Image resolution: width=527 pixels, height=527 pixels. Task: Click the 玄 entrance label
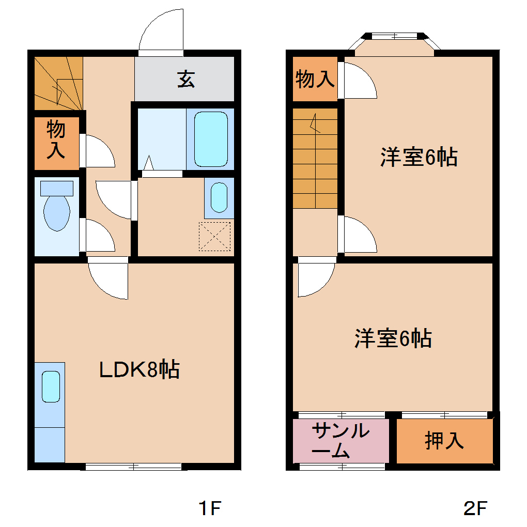[x=186, y=79]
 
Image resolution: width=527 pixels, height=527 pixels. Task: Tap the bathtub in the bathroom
[x=211, y=139]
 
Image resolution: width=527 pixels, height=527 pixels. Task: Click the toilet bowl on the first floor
[x=57, y=212]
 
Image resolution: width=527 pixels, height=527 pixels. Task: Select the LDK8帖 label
[x=139, y=369]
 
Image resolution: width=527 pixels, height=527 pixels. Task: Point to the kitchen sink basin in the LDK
[x=51, y=386]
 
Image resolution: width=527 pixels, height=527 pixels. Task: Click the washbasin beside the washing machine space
[x=219, y=197]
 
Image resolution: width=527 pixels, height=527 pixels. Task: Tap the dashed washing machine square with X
[x=215, y=236]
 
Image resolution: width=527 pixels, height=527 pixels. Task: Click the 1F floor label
[x=210, y=508]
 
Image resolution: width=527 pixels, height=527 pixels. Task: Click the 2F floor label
[x=475, y=508]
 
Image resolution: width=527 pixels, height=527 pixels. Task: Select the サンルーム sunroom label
[x=340, y=441]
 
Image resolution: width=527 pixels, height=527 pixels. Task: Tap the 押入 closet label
[x=444, y=441]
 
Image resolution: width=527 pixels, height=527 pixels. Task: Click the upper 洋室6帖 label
[x=419, y=157]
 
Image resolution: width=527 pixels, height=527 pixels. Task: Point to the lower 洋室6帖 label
[x=393, y=338]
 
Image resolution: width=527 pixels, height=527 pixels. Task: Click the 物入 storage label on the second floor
[x=315, y=79]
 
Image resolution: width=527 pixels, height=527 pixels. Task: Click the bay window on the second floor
[x=394, y=44]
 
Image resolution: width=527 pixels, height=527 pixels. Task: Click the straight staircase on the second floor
[x=315, y=158]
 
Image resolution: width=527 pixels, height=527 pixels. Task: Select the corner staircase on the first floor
[x=58, y=83]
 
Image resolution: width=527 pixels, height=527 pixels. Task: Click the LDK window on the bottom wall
[x=133, y=467]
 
